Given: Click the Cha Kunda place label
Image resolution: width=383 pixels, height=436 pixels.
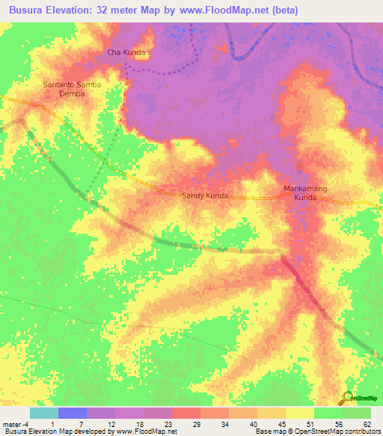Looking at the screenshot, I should [x=126, y=52].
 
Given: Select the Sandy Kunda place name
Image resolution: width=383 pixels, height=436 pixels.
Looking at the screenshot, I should [x=206, y=195].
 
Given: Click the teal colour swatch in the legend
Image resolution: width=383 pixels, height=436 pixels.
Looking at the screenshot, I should [x=44, y=413].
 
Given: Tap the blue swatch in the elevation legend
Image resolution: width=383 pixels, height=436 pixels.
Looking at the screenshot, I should [x=73, y=413].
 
